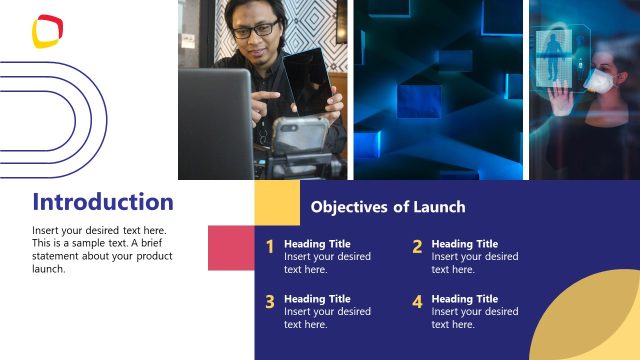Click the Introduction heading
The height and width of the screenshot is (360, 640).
(103, 202)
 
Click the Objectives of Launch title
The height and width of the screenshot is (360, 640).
(388, 207)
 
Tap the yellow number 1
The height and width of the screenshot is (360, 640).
(270, 247)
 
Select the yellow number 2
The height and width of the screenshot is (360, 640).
(417, 247)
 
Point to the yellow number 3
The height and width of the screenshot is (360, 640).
(270, 302)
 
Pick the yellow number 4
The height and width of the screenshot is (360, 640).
(417, 302)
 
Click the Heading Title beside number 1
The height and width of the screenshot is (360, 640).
(317, 244)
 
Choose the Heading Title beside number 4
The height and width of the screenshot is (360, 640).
(464, 299)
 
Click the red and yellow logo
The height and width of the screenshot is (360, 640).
(47, 31)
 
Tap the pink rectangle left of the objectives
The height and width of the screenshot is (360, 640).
(231, 247)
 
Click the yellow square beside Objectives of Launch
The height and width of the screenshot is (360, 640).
(277, 203)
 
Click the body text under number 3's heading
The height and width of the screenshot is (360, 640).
(327, 318)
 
